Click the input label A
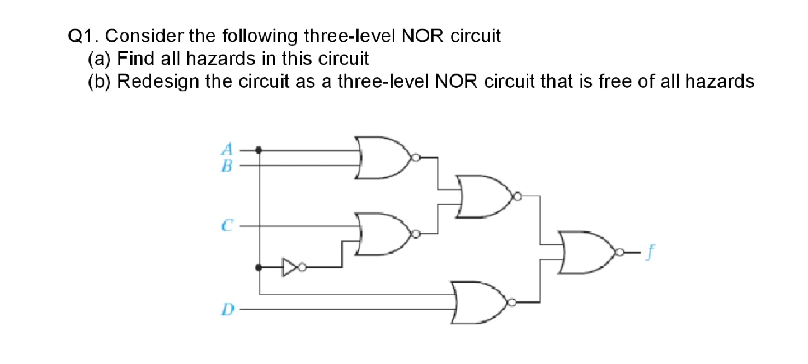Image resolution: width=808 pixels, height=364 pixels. click(x=227, y=149)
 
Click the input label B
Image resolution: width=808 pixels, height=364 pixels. click(x=227, y=165)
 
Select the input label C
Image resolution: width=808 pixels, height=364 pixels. click(x=226, y=226)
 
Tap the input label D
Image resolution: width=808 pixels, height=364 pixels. click(x=227, y=308)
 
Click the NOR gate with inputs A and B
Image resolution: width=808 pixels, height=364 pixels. click(x=383, y=157)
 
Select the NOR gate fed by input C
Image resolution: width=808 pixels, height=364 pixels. click(x=383, y=233)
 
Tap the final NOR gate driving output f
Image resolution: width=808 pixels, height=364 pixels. click(x=588, y=253)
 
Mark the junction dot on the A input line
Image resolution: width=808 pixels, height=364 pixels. click(x=259, y=150)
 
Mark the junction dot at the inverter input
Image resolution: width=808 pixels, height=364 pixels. click(x=259, y=267)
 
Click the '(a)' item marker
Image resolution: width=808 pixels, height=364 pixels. click(x=100, y=59)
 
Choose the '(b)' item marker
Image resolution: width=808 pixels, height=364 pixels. click(x=100, y=82)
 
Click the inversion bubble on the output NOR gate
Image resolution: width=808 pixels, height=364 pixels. click(x=619, y=253)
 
